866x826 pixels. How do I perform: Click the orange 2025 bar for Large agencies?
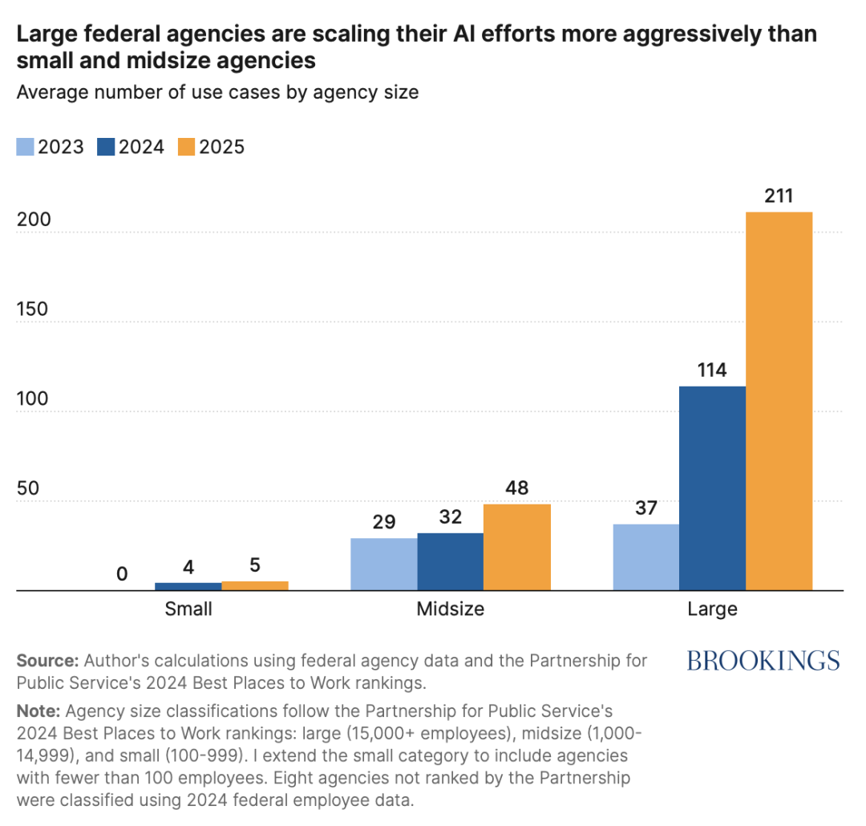coord(779,401)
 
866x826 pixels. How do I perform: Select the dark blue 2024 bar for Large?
coord(713,488)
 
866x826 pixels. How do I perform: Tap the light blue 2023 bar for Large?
coord(646,557)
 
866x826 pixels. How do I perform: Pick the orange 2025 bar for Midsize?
coord(517,548)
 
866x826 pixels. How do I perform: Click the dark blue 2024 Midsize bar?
coord(450,562)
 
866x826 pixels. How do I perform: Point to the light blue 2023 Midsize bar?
coord(384,565)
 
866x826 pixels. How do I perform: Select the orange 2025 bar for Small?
coord(255,586)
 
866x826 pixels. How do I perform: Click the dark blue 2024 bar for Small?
coord(188,587)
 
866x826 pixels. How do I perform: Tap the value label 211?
coord(779,196)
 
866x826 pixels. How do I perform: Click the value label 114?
coord(712,370)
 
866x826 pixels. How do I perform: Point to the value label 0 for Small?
coord(122,575)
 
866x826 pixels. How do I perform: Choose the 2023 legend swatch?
coord(26,147)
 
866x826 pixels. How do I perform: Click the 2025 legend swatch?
coord(187,147)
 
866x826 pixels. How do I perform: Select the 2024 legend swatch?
coord(106,147)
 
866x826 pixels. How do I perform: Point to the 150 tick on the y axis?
coord(32,309)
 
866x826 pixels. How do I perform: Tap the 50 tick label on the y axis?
coord(27,488)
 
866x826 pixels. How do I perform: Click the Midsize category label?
coord(450,609)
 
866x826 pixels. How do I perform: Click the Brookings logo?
coord(763,661)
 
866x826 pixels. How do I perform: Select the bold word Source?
coord(48,661)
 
